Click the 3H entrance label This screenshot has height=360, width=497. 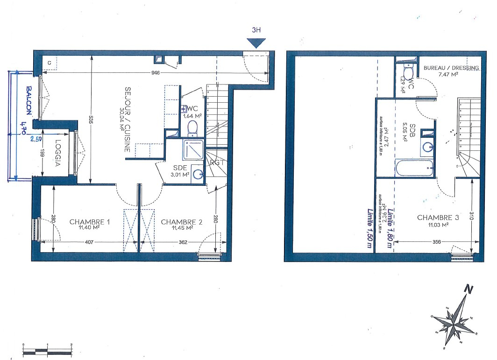point(256,30)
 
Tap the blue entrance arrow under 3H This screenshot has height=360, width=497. point(256,42)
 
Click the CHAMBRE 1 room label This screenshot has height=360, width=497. point(90,222)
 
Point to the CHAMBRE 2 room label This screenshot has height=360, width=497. point(181,222)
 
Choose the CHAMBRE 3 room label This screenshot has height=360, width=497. point(438,218)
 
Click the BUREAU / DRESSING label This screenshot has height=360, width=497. point(451,68)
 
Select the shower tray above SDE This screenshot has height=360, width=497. point(192,149)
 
